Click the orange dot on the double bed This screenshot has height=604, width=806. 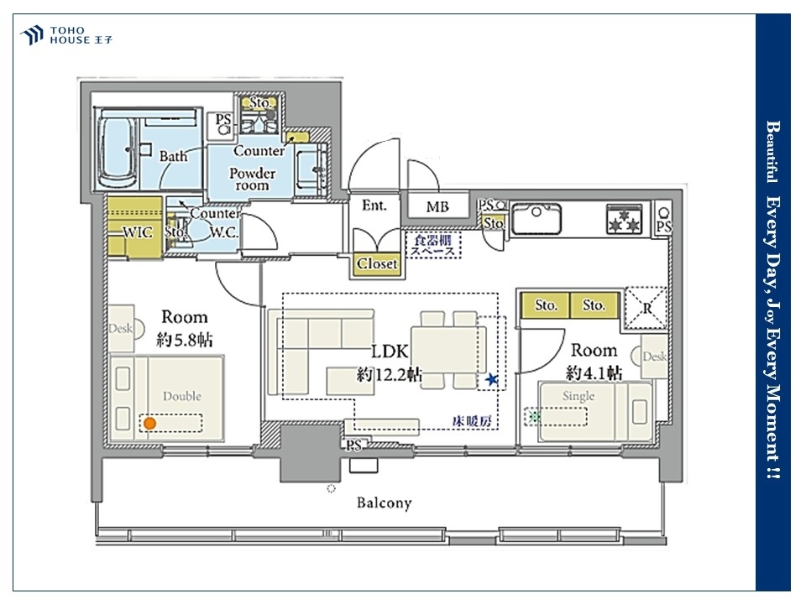[149, 424]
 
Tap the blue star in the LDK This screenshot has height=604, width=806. [492, 379]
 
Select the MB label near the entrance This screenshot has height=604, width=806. [437, 206]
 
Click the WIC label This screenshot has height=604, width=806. [138, 232]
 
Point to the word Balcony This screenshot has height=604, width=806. [385, 502]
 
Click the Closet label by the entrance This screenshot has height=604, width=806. [377, 263]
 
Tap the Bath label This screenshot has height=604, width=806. [173, 155]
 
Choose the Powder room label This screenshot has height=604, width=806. [252, 180]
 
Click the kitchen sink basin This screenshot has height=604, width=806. [536, 219]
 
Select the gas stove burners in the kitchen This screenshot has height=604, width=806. [624, 219]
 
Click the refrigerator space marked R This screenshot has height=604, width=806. [646, 308]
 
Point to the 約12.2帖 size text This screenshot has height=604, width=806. [389, 374]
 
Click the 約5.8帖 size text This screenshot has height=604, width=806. [185, 340]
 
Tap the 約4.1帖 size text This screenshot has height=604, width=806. [594, 372]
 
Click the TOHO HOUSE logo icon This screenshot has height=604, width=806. [31, 35]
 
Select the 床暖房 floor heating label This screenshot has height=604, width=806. [472, 421]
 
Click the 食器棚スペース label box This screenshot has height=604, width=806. [433, 245]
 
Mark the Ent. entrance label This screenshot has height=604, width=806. [374, 206]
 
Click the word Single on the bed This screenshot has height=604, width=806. [578, 396]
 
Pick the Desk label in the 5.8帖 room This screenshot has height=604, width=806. [120, 328]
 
